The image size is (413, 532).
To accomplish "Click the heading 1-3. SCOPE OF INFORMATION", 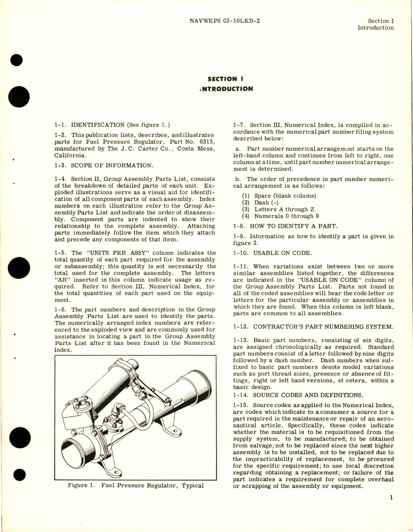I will (104, 165).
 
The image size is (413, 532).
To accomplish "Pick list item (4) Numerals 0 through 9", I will (278, 216).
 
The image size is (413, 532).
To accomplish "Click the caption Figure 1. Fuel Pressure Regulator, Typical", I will (136, 485).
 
